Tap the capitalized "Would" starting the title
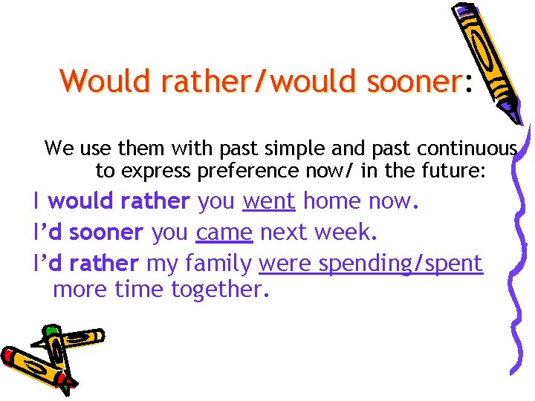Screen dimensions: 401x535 (x=97, y=81)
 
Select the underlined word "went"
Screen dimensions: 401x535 (x=269, y=201)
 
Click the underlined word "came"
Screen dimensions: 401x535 (x=225, y=232)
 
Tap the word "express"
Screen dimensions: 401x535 (x=157, y=172)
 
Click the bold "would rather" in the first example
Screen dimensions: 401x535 (x=119, y=201)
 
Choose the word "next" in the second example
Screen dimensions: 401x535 (x=285, y=232)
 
